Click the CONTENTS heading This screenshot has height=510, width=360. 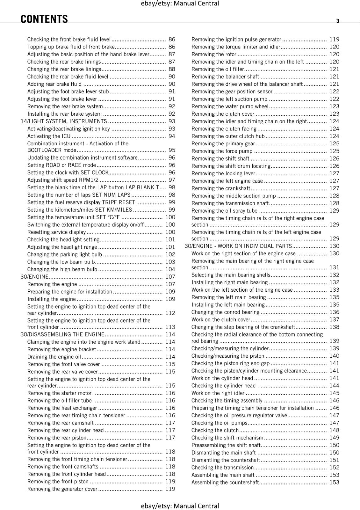pyautogui.click(x=44, y=19)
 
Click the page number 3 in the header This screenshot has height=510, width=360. pyautogui.click(x=338, y=21)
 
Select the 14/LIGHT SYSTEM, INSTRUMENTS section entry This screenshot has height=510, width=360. pyautogui.click(x=64, y=121)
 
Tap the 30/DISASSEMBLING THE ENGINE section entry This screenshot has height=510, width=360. pyautogui.click(x=62, y=334)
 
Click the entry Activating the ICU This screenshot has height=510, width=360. pyautogui.click(x=49, y=136)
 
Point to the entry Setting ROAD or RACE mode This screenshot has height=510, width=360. pyautogui.click(x=61, y=165)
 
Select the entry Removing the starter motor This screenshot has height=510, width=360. pyautogui.click(x=59, y=393)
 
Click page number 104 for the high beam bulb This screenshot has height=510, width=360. pyautogui.click(x=170, y=269)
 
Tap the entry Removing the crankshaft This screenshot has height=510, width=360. pyautogui.click(x=220, y=188)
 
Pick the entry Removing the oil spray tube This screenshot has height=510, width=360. pyautogui.click(x=224, y=211)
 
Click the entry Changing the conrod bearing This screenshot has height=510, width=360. pyautogui.click(x=225, y=312)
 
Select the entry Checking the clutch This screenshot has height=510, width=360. pyautogui.click(x=215, y=430)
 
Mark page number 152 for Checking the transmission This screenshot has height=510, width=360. pyautogui.click(x=334, y=468)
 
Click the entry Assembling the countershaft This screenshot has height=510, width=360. pyautogui.click(x=225, y=482)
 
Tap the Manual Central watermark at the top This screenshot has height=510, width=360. pyautogui.click(x=180, y=4)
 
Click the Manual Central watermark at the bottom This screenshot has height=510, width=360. pyautogui.click(x=180, y=506)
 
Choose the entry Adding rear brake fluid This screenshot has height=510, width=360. pyautogui.click(x=54, y=84)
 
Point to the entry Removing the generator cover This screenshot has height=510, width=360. pyautogui.click(x=62, y=489)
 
